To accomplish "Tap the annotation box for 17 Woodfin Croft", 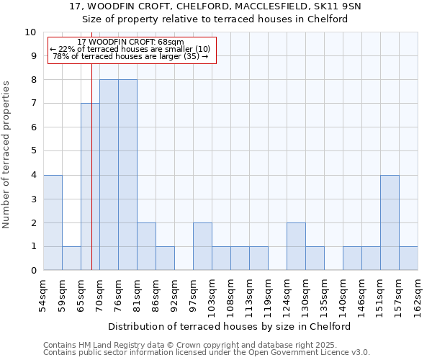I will [x=131, y=50].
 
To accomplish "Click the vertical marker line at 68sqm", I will [x=92, y=180].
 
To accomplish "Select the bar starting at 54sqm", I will [x=53, y=222].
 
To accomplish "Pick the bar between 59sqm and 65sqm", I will [x=71, y=258].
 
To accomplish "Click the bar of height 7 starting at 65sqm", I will [x=90, y=187].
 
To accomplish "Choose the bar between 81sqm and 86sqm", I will [x=146, y=246].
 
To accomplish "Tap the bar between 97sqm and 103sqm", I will [x=202, y=246].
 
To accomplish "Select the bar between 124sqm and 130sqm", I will [x=296, y=246].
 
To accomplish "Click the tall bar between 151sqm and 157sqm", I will [x=390, y=222].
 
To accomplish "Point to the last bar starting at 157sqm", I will [x=408, y=258].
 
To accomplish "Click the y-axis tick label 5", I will [x=32, y=151].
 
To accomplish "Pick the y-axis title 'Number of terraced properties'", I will [x=7, y=155].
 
